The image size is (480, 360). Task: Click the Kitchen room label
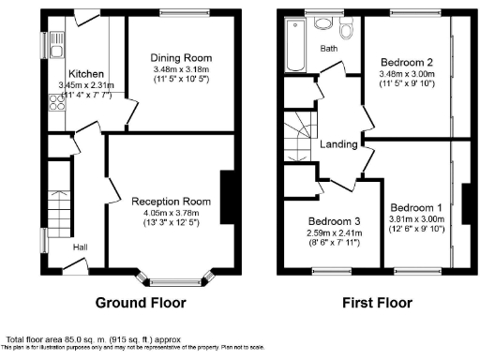coord(86,73)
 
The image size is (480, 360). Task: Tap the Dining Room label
coord(170,56)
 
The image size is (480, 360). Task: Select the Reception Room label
coord(170,201)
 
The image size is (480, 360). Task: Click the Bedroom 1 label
coord(415,207)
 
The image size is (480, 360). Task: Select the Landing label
coord(337,144)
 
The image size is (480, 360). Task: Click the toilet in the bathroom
coord(347,29)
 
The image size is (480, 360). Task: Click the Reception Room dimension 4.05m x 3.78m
coord(170,212)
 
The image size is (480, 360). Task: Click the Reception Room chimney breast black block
coord(226,192)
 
